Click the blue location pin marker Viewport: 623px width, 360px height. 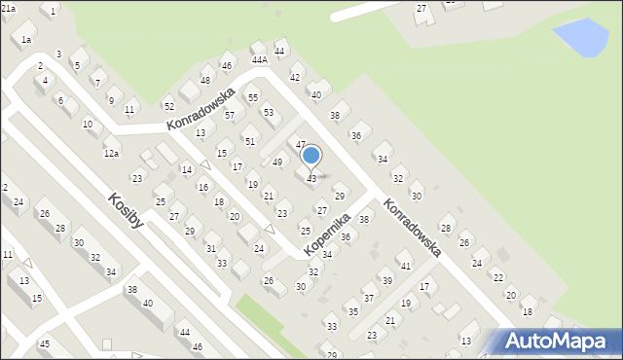coord(311,156)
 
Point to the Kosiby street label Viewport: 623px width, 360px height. coord(127,210)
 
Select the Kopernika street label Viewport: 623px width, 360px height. coord(326,234)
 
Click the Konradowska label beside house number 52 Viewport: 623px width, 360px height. coord(202,110)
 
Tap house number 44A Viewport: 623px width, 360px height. coord(260,59)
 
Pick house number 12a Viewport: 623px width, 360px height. coord(111,154)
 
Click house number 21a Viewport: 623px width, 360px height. coord(8,8)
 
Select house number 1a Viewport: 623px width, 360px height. coord(27,39)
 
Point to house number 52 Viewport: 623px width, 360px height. coord(168,105)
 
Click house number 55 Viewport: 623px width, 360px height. coord(253,98)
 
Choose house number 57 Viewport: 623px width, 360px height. coord(230,115)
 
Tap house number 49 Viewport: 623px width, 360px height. coord(277,162)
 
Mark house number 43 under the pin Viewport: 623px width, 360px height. coord(311,179)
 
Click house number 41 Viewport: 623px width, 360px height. coord(406,266)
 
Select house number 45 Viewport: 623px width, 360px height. coord(44,344)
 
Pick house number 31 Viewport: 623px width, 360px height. coord(210,249)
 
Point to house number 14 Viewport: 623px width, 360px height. coord(186,170)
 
